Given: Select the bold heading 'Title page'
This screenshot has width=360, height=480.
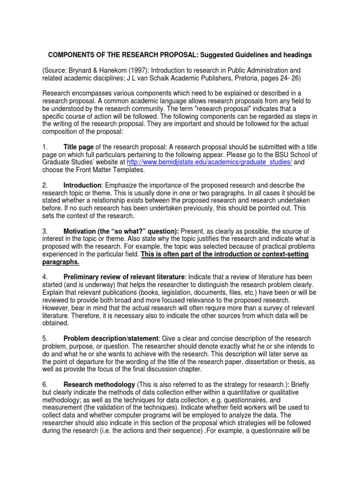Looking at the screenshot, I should [x=79, y=147].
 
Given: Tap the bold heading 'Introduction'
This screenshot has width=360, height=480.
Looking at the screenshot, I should [x=82, y=186].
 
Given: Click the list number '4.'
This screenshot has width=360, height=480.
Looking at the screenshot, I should [x=45, y=277].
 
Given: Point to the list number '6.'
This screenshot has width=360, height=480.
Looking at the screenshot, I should [x=45, y=384].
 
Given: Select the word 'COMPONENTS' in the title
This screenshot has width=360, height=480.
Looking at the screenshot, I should [x=73, y=55].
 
